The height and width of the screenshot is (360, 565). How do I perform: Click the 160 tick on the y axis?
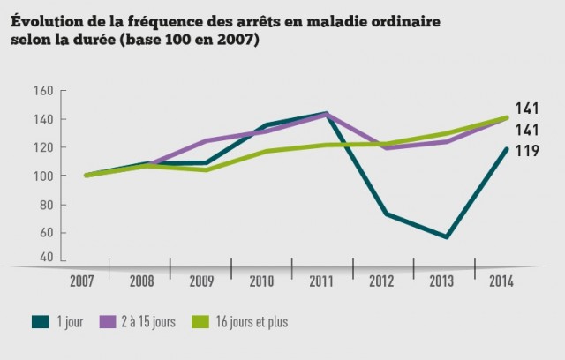45,91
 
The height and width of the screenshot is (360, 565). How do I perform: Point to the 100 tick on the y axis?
45,176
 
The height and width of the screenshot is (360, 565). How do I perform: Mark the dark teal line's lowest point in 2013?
447,236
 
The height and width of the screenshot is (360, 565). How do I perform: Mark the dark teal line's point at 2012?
387,214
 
